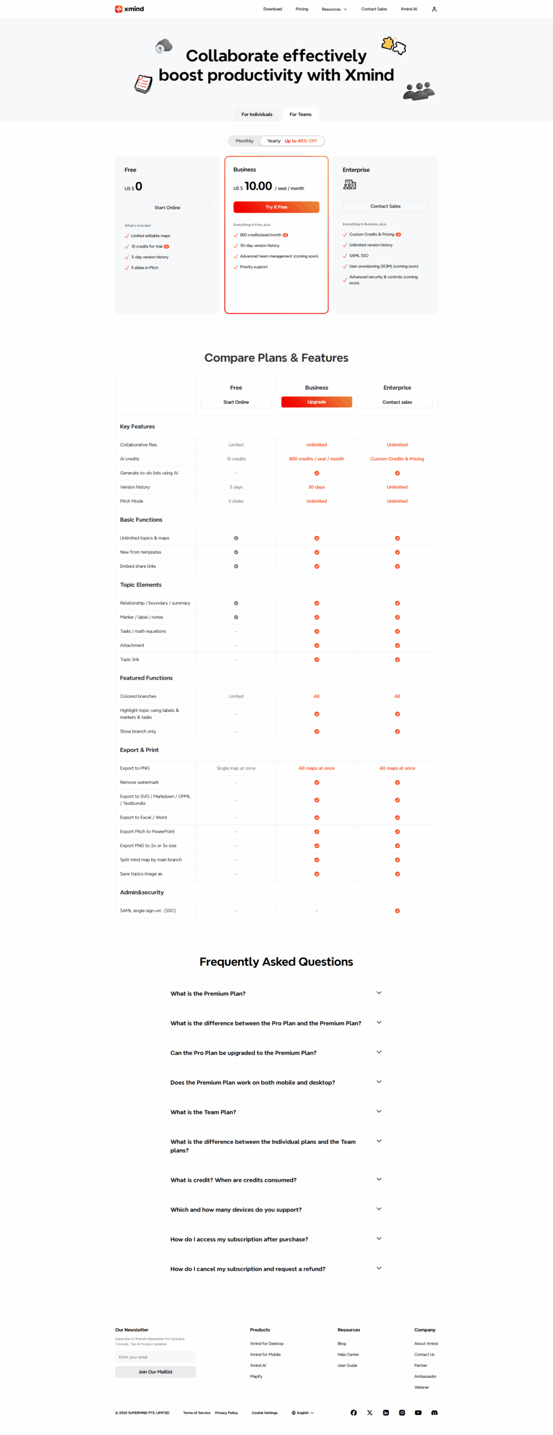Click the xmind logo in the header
130,9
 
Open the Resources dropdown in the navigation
334,9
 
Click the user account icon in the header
434,9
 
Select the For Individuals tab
256,114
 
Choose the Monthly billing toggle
244,141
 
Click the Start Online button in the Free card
167,207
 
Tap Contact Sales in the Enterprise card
385,206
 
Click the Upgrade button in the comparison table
316,402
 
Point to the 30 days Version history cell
316,487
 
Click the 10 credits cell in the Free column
236,459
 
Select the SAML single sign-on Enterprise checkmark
397,910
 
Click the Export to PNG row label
135,768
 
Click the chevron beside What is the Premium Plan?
379,993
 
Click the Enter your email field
155,1357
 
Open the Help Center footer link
348,1354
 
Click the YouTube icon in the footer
418,1413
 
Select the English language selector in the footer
303,1413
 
